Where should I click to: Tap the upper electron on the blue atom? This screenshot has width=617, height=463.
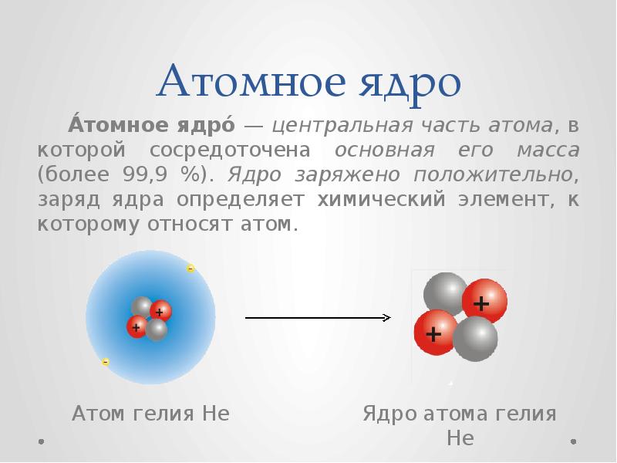pyautogui.click(x=190, y=269)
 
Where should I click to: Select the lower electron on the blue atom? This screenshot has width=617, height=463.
pyautogui.click(x=106, y=361)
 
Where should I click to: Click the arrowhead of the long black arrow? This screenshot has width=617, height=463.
pyautogui.click(x=386, y=318)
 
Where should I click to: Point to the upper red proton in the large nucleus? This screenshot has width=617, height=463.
pyautogui.click(x=484, y=302)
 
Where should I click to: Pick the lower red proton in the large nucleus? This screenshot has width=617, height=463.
pyautogui.click(x=436, y=333)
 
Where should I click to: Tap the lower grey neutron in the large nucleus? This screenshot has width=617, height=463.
pyautogui.click(x=475, y=338)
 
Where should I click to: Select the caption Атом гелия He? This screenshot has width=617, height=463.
pyautogui.click(x=151, y=414)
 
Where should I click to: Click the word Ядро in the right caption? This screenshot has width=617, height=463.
pyautogui.click(x=391, y=414)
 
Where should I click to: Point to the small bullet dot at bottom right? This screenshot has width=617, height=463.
pyautogui.click(x=574, y=443)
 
